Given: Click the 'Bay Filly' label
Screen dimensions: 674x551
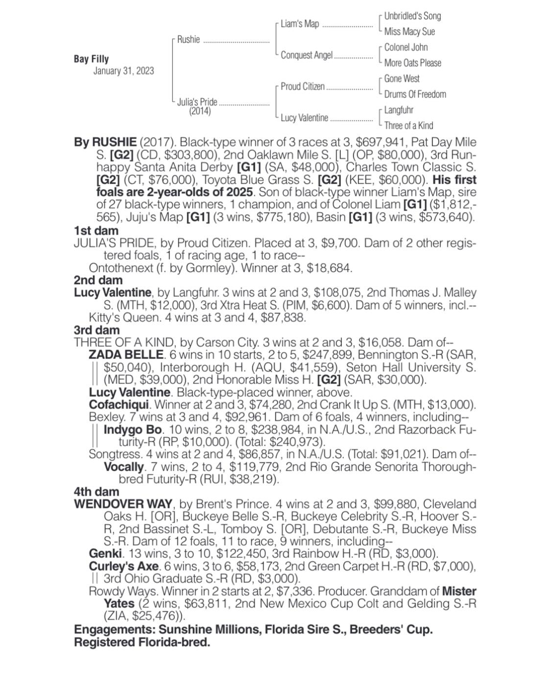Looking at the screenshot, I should click(91, 59).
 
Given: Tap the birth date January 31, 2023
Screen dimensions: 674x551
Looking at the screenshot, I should click(123, 71).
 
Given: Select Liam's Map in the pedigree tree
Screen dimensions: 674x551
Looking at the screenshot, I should click(299, 24).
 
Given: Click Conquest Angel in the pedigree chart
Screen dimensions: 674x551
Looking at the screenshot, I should click(306, 55).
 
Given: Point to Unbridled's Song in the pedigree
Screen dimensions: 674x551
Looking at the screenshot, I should click(412, 16).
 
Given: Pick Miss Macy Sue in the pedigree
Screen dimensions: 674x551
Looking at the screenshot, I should click(409, 32).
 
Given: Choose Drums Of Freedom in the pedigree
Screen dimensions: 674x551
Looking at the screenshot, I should click(415, 95).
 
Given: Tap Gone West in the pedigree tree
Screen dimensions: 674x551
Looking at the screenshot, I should click(402, 79).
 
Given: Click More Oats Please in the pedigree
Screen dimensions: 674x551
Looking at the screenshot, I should click(412, 63).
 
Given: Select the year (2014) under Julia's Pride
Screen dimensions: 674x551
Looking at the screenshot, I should click(200, 111).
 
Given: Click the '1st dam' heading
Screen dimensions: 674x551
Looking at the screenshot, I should click(96, 231).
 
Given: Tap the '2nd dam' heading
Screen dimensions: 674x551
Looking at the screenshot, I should click(98, 280).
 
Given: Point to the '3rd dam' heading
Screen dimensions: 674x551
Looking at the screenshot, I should click(96, 330).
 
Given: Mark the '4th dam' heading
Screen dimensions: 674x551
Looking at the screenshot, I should click(96, 491).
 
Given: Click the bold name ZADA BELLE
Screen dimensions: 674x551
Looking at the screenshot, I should click(126, 355).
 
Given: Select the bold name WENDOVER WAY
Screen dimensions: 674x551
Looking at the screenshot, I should click(123, 504).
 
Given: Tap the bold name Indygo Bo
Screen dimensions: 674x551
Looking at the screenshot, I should click(133, 430).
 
